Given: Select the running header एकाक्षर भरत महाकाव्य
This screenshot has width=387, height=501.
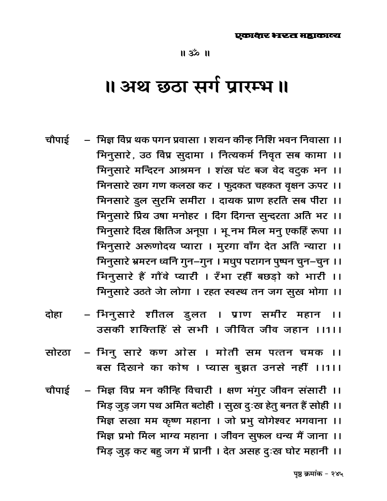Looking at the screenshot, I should pyautogui.click(x=288, y=36).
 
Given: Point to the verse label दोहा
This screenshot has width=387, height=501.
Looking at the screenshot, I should pyautogui.click(x=55, y=315).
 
